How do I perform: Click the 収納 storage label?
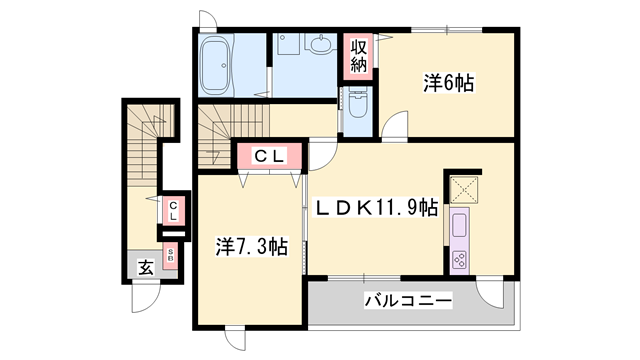tap(359, 57)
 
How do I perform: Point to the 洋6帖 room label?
tap(447, 84)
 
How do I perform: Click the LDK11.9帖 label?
tap(377, 207)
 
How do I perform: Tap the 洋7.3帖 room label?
tap(253, 246)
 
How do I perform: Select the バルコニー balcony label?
tap(407, 299)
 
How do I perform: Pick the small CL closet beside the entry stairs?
tap(172, 211)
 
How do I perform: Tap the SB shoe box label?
tap(171, 255)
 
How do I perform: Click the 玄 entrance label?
tap(146, 267)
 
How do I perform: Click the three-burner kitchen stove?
tap(461, 259)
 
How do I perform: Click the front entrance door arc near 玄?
tap(145, 297)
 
